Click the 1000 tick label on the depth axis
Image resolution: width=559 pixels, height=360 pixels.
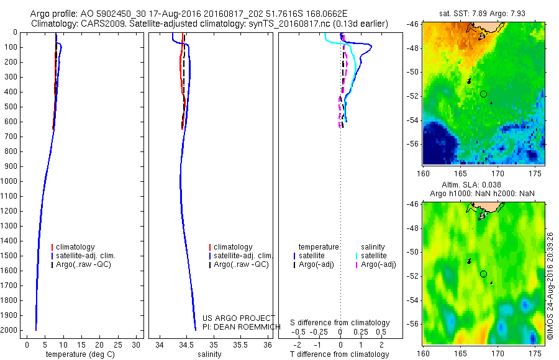pos(9,181)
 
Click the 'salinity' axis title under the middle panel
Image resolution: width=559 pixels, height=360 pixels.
pos(209,354)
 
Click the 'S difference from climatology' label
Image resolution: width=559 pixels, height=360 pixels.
pos(340,323)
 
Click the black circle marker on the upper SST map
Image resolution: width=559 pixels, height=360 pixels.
pos(483,94)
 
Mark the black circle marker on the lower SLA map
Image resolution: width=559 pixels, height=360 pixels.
pos(483,274)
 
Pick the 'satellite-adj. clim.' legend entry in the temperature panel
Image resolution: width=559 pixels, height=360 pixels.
pos(86,256)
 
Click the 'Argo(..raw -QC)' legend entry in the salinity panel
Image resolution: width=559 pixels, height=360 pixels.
pos(241,264)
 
